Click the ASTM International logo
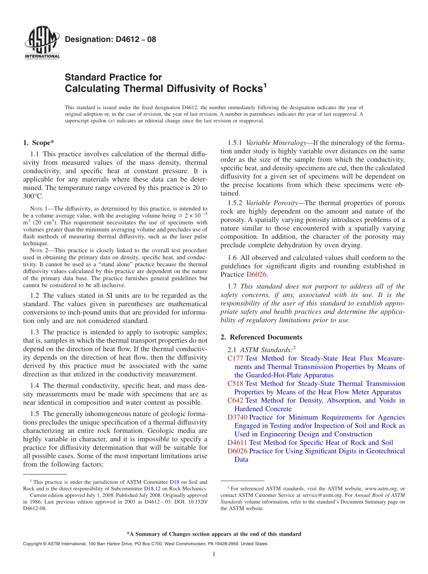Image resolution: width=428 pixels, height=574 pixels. click(41, 44)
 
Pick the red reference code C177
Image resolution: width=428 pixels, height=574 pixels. click(235, 358)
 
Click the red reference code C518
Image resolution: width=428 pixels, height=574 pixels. click(235, 384)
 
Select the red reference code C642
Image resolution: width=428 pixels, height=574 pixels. click(235, 400)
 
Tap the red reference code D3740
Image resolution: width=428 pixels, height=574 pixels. click(237, 417)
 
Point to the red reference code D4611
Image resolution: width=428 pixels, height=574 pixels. click(237, 443)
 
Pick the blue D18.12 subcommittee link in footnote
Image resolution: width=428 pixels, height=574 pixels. click(151, 488)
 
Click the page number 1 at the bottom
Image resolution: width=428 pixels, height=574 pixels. click(214, 554)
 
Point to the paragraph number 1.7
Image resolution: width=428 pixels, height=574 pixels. click(233, 287)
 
